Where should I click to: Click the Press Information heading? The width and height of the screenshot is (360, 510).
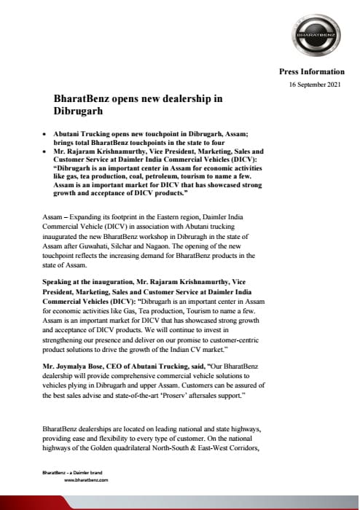312,72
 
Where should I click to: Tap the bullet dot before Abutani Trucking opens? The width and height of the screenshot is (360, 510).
45,136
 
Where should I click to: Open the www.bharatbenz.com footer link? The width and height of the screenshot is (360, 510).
87,482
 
